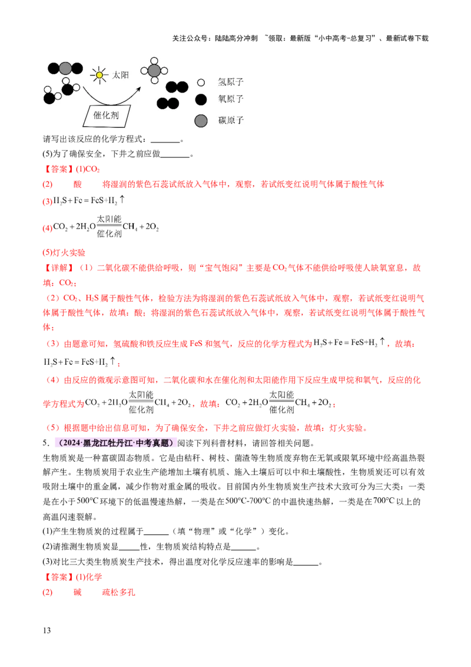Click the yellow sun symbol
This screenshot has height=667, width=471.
(99, 75)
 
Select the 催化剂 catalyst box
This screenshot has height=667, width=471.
(107, 115)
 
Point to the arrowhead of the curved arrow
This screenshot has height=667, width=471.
(139, 89)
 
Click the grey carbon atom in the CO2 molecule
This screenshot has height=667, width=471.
(65, 68)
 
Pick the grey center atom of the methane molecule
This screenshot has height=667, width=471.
(154, 71)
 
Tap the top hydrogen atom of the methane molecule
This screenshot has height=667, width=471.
(154, 61)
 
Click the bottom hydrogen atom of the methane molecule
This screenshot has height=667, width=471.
(154, 81)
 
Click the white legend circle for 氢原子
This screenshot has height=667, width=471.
(201, 82)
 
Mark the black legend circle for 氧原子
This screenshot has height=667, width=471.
(201, 99)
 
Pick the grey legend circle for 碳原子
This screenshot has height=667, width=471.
(201, 121)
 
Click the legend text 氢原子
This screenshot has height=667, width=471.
(230, 82)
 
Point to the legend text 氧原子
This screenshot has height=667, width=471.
(230, 99)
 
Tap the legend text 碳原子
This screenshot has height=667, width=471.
(230, 121)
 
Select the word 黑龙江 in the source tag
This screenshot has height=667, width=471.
(97, 443)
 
